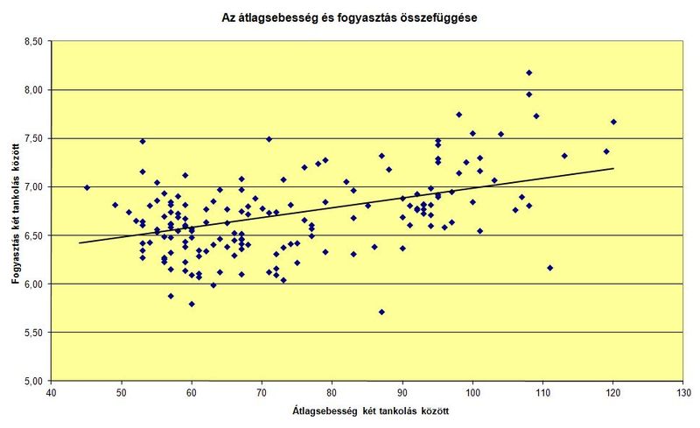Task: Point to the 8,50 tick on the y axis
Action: point(33,41)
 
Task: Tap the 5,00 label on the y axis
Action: point(33,382)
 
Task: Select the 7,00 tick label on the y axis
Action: point(33,187)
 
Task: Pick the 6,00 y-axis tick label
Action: point(33,284)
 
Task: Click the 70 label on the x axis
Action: point(262,392)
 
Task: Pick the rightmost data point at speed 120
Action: point(613,122)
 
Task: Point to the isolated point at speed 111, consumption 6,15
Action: point(549,268)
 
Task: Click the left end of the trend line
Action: point(80,243)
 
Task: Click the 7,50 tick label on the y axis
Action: point(33,138)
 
